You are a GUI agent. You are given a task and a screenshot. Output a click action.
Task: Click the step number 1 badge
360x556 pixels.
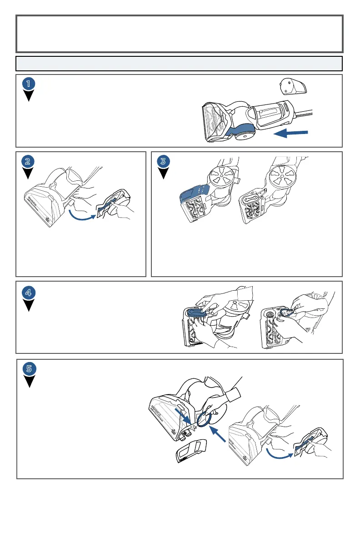point(29,84)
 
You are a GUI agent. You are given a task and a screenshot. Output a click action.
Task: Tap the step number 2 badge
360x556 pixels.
point(29,161)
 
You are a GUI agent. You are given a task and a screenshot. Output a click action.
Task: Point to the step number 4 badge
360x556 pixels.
point(29,293)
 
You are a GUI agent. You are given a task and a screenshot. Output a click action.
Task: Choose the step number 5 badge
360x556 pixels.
point(29,368)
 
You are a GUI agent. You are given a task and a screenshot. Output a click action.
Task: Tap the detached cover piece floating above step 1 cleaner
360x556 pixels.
point(292,85)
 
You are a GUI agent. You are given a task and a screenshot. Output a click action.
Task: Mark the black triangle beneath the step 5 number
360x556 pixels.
point(29,381)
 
